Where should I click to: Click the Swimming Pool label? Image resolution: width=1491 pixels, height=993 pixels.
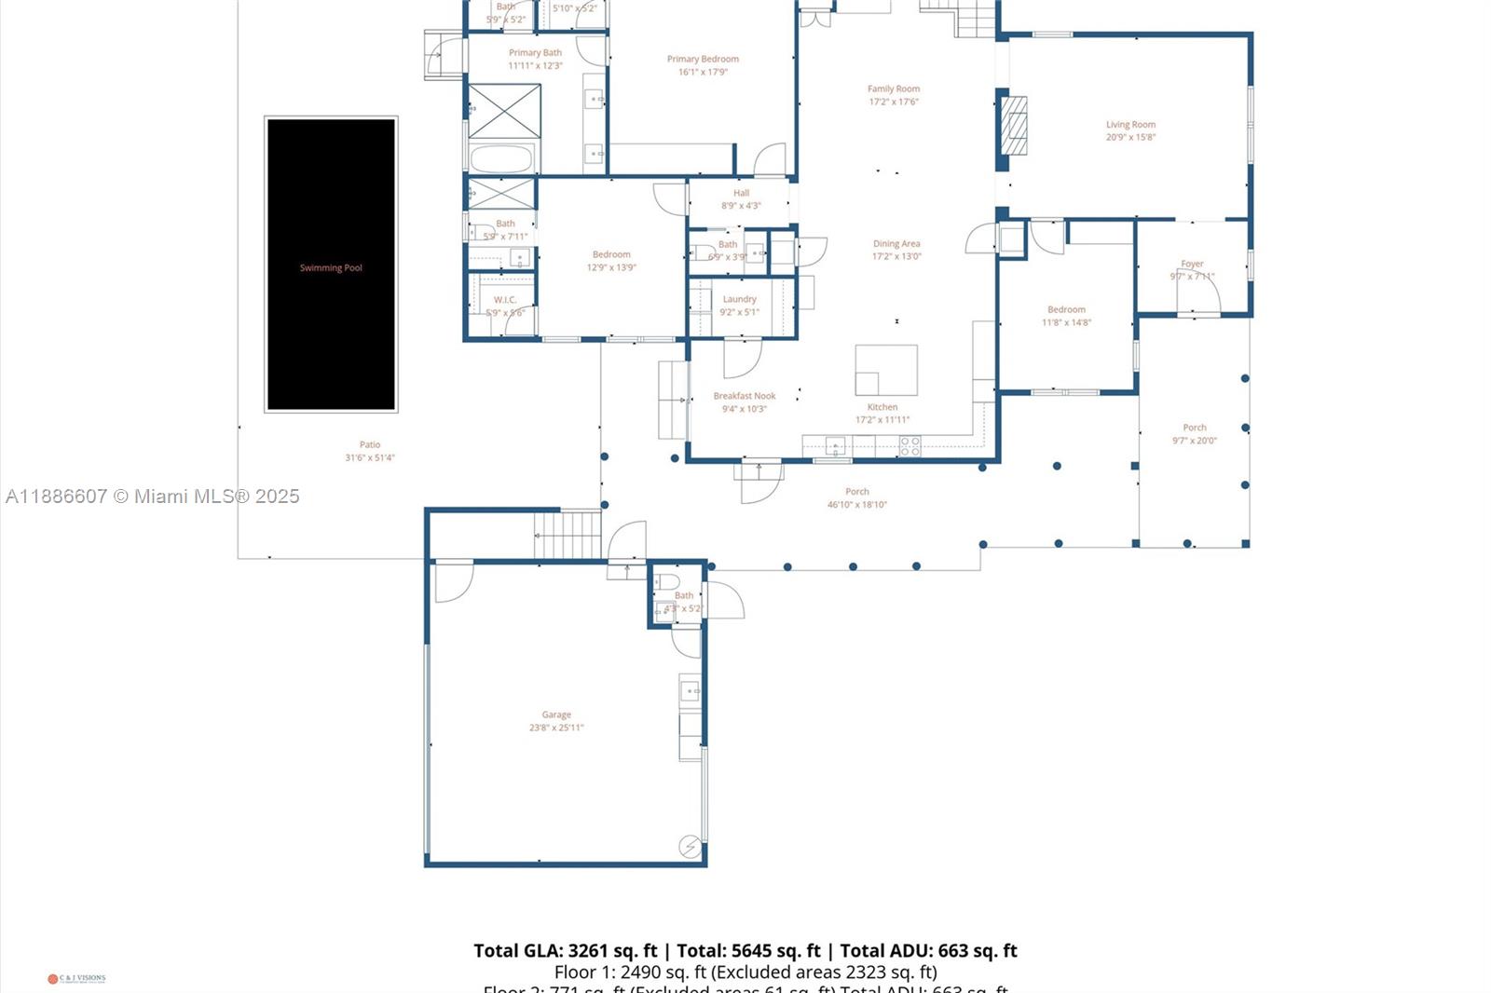pos(331,267)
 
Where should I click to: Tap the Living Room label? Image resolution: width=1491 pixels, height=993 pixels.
pos(1130,124)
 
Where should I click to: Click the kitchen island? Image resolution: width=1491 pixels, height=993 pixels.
pos(886,370)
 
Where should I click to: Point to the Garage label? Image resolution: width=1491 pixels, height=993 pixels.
pos(556,714)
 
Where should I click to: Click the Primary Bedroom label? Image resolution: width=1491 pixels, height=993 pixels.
pos(703,59)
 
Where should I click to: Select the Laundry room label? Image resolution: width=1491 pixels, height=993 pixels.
pos(739,299)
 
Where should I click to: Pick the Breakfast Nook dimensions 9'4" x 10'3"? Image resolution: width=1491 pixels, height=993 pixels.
pos(744,409)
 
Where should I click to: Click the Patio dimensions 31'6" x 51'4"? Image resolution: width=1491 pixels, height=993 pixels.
pos(370,457)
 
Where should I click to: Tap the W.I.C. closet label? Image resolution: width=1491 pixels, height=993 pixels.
pos(505,299)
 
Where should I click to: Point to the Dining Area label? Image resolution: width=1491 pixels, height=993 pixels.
pos(896,243)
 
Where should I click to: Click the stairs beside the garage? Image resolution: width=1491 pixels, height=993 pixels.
pos(568,535)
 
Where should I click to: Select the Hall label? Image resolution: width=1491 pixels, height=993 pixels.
pos(741,193)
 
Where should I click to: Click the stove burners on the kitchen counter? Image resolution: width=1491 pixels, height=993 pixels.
pos(910,446)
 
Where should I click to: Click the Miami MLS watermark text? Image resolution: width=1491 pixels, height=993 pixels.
pos(153,496)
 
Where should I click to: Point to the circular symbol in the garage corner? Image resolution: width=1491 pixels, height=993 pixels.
pos(690,846)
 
